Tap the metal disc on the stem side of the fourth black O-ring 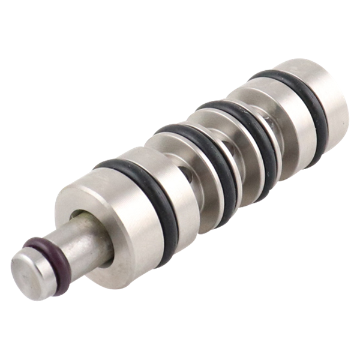264,96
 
